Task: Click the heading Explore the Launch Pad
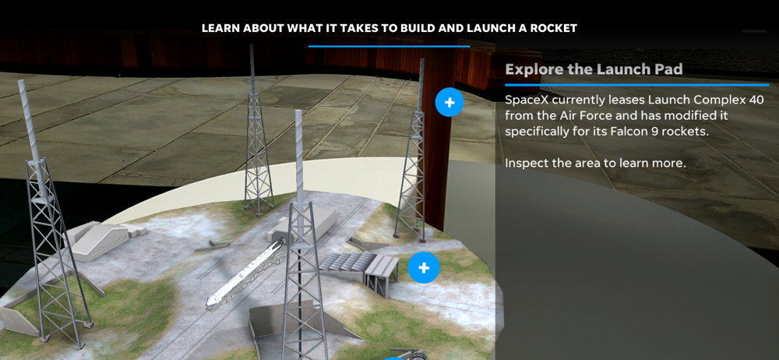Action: (x=594, y=69)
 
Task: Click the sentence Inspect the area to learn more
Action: (x=595, y=163)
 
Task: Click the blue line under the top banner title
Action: (x=389, y=46)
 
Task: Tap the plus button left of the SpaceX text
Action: (x=449, y=103)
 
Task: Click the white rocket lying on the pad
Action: (x=246, y=273)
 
